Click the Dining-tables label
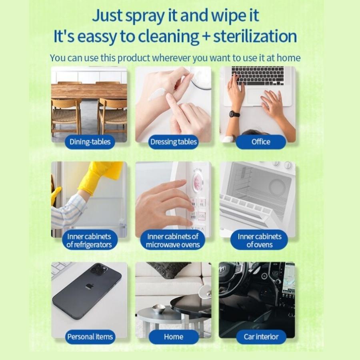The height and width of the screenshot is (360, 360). click(90, 142)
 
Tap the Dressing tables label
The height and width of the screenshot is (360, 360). click(173, 142)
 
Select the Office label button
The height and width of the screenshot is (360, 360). click(261, 142)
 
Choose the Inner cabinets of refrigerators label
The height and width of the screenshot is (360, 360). click(90, 240)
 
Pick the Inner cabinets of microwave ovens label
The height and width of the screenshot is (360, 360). click(173, 240)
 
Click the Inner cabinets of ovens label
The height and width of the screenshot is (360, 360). click(259, 240)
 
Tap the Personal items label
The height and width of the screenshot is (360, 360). click(90, 336)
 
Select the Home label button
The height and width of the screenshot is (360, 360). click(174, 336)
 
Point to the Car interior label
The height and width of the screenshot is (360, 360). click(261, 336)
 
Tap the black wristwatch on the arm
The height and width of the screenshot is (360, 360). click(234, 114)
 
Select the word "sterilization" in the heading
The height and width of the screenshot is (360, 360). click(255, 36)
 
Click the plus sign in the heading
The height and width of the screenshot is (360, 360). click(206, 37)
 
